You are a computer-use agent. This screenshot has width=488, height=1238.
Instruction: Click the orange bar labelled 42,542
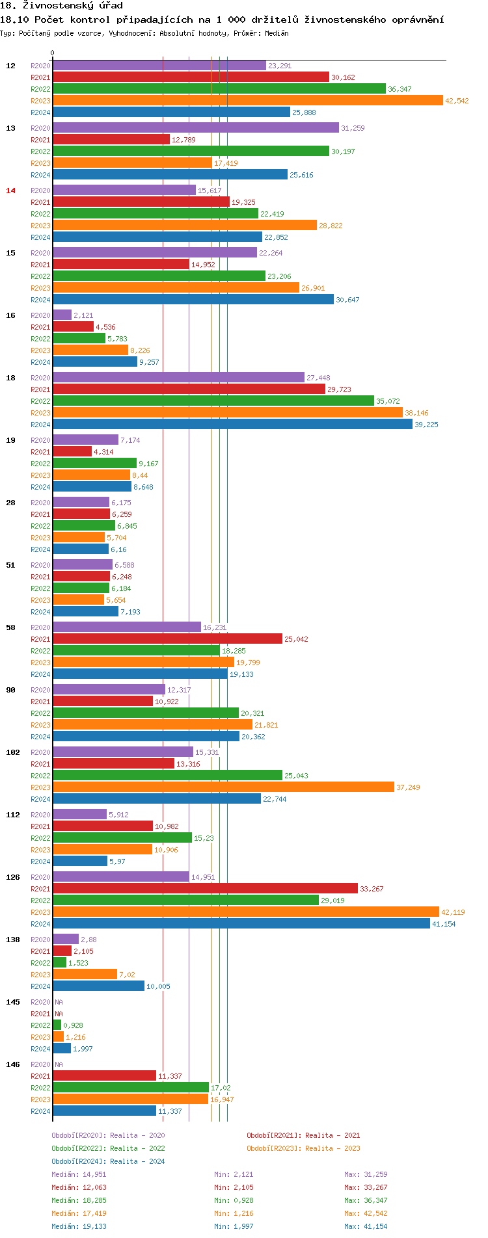(x=247, y=100)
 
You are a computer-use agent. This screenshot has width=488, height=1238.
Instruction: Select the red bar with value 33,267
(x=205, y=888)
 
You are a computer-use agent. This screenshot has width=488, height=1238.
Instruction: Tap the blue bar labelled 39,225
(x=232, y=424)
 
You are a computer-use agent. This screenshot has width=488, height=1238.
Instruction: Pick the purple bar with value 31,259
(x=195, y=127)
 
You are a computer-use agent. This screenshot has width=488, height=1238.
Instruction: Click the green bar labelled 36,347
(x=219, y=88)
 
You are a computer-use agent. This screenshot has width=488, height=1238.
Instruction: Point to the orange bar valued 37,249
(x=223, y=787)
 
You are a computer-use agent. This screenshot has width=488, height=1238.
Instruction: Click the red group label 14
(x=10, y=191)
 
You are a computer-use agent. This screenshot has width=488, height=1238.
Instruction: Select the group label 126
(x=13, y=877)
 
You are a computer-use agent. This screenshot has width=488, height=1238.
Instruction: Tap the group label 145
(x=13, y=1002)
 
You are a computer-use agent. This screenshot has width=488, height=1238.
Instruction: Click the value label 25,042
(x=296, y=639)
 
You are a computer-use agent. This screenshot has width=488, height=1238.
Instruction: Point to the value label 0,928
(x=73, y=1025)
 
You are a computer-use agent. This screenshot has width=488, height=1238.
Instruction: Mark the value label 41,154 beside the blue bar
(x=444, y=924)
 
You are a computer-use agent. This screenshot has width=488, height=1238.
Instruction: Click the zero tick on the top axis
(x=53, y=53)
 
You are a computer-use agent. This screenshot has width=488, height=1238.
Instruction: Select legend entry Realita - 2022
(x=108, y=1148)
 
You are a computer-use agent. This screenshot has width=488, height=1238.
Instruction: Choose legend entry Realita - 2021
(x=303, y=1135)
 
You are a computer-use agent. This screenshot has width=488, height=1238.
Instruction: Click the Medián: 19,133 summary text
(x=79, y=1226)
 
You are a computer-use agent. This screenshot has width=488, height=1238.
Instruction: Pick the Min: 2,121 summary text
(x=233, y=1174)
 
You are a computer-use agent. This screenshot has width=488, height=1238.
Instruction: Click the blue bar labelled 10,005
(x=98, y=986)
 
